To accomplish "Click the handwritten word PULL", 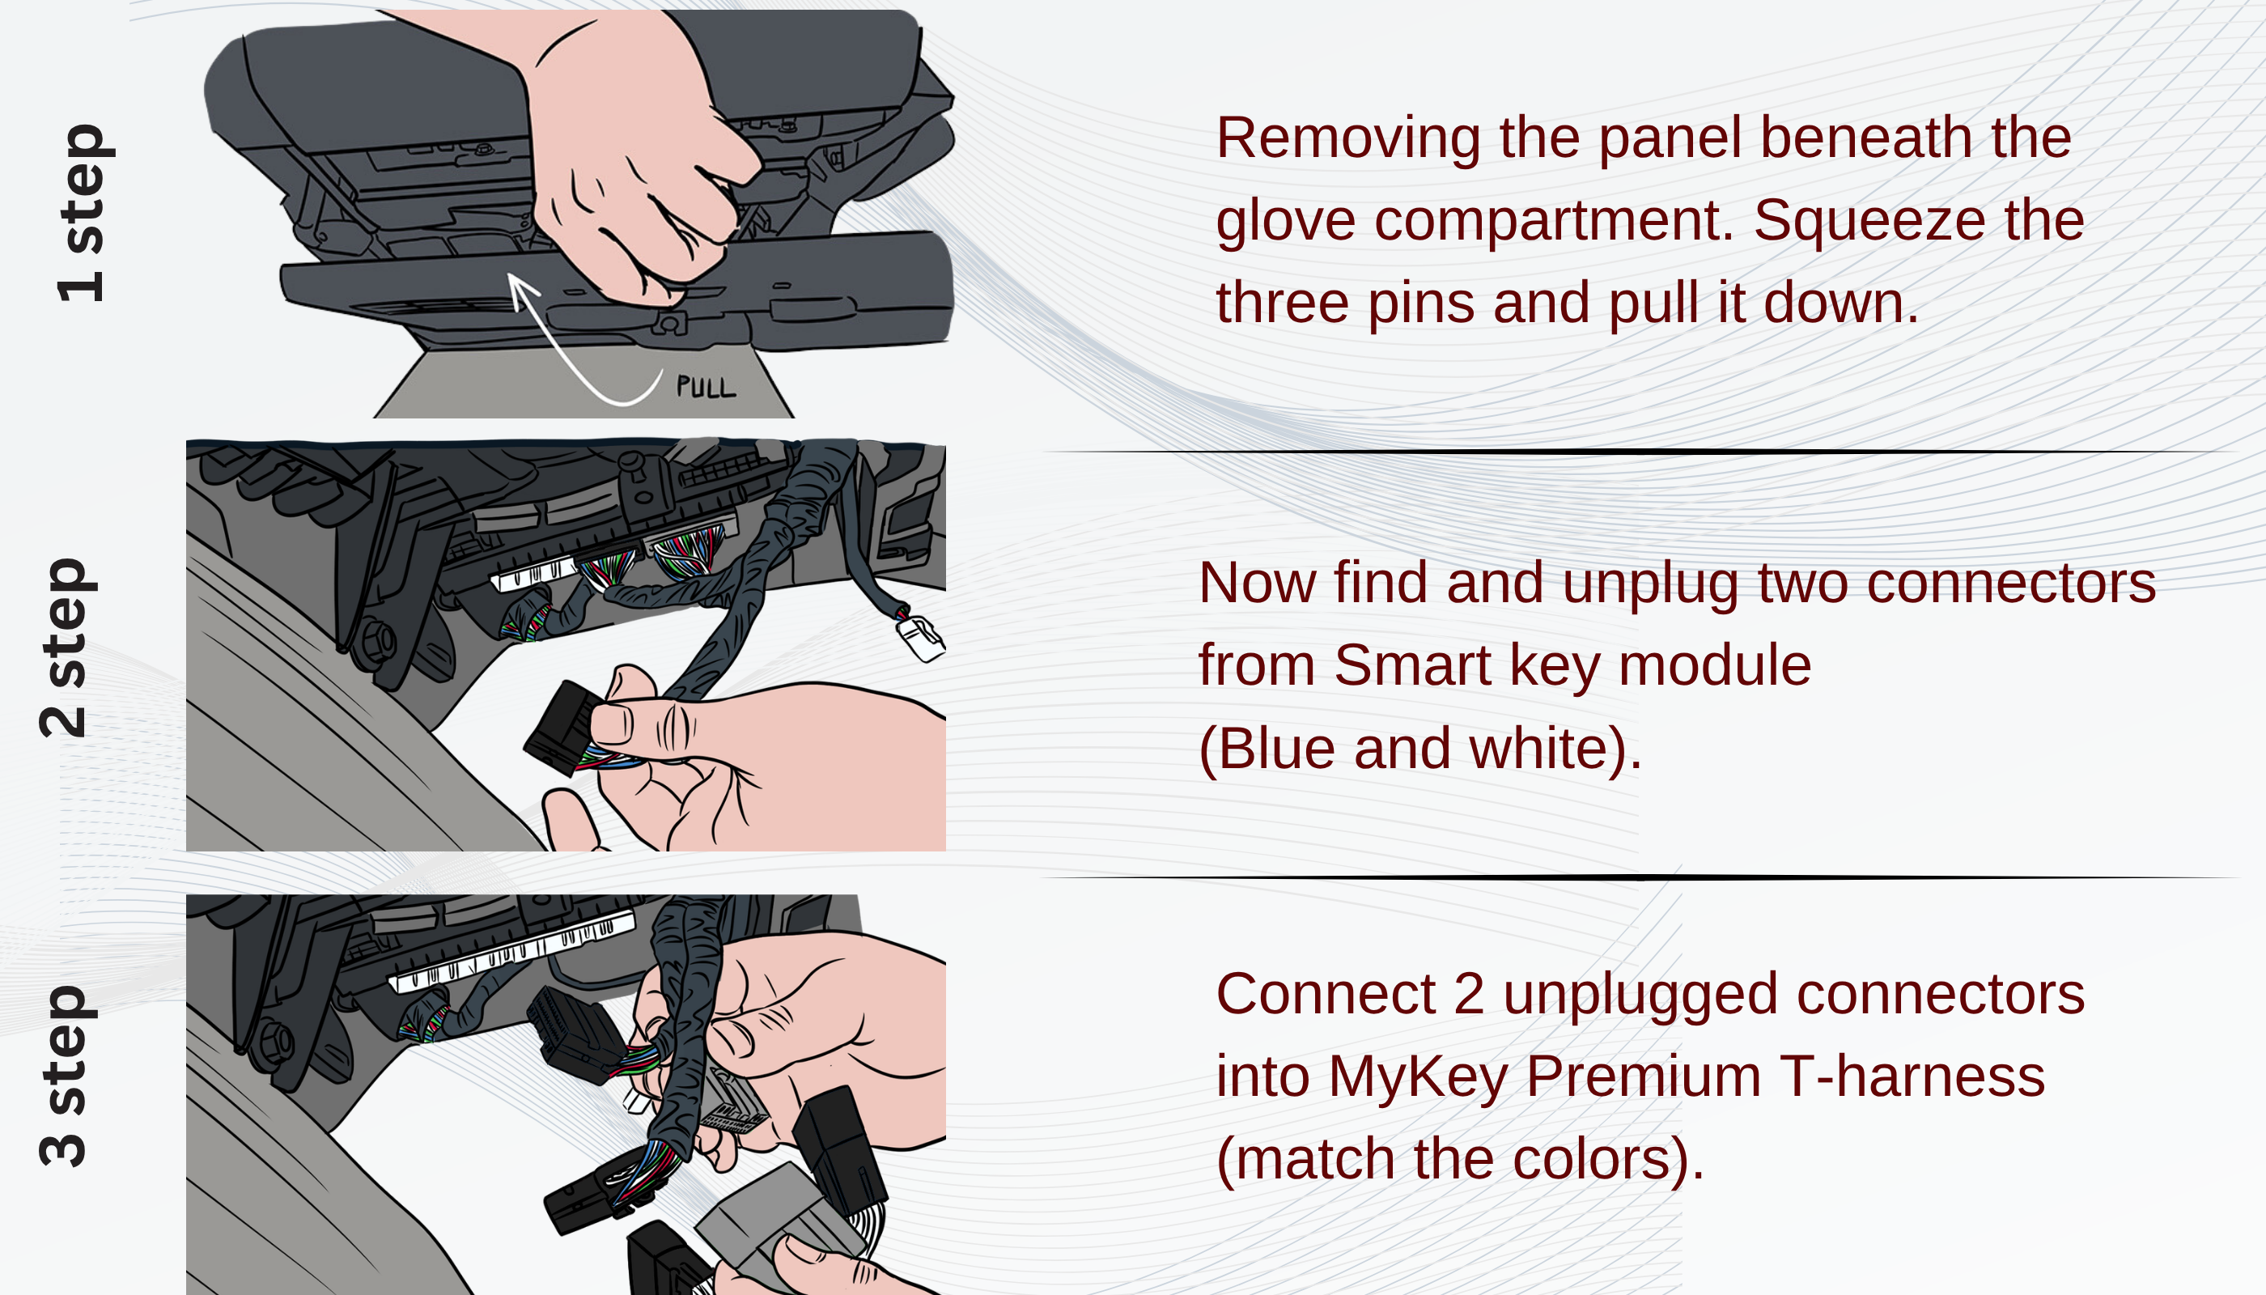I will tap(705, 388).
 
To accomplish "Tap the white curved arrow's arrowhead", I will tap(520, 287).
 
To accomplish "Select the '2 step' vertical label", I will tap(64, 647).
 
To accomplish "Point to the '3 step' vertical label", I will tap(64, 1076).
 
